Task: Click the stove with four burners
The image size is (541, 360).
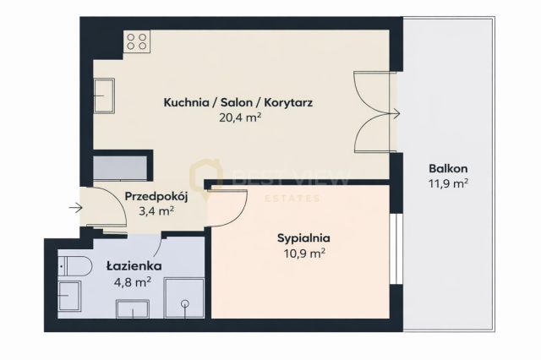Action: pyautogui.click(x=137, y=42)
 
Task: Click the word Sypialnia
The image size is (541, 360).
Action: pyautogui.click(x=303, y=237)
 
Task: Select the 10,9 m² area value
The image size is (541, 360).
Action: pyautogui.click(x=302, y=252)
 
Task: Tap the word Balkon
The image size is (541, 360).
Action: pyautogui.click(x=449, y=167)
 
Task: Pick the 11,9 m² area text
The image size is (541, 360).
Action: pyautogui.click(x=449, y=182)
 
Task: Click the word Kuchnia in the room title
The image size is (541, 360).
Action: pyautogui.click(x=187, y=103)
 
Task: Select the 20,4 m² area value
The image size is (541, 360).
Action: pyautogui.click(x=239, y=118)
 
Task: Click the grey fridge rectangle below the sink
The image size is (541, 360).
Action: pyautogui.click(x=120, y=164)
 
